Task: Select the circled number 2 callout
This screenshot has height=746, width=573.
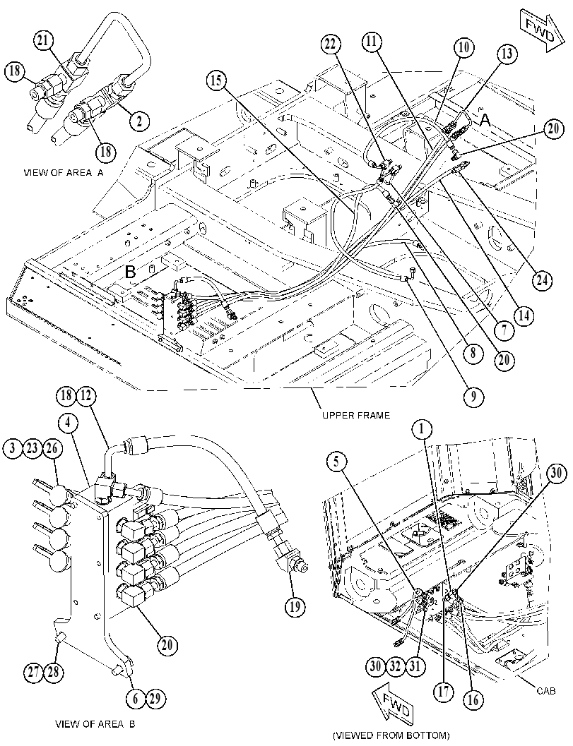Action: pyautogui.click(x=140, y=121)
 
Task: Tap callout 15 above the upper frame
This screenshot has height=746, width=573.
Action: pyautogui.click(x=217, y=80)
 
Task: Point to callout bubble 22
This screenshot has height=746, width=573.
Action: pyautogui.click(x=331, y=44)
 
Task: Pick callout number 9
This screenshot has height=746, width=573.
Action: pyautogui.click(x=473, y=396)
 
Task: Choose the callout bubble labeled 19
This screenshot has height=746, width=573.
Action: pyautogui.click(x=295, y=606)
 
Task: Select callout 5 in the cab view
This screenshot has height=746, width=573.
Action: pyautogui.click(x=337, y=461)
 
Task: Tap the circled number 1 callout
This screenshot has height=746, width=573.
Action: pyautogui.click(x=422, y=430)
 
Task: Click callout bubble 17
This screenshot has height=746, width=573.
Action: pyautogui.click(x=444, y=691)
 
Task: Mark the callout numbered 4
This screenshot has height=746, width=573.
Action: pyautogui.click(x=70, y=422)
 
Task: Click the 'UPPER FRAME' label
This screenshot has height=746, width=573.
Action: pyautogui.click(x=356, y=415)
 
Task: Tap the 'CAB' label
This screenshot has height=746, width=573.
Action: pyautogui.click(x=546, y=691)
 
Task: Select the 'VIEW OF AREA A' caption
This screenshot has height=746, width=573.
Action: pyautogui.click(x=64, y=173)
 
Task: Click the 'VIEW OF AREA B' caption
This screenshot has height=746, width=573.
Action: pyautogui.click(x=95, y=724)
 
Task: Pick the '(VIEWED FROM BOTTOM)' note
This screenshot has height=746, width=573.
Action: pyautogui.click(x=391, y=735)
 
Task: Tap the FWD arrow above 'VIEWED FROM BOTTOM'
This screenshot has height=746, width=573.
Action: pyautogui.click(x=392, y=706)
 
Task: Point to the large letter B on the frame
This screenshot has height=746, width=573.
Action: pyautogui.click(x=131, y=272)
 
